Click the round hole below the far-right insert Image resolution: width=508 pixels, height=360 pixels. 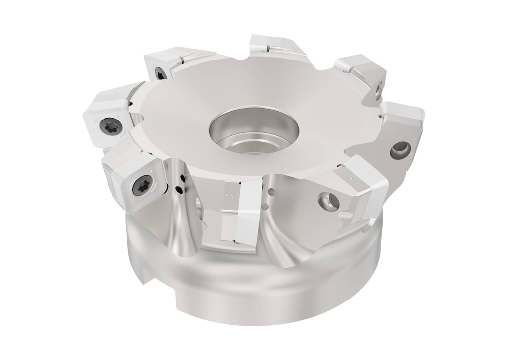point(400,148)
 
